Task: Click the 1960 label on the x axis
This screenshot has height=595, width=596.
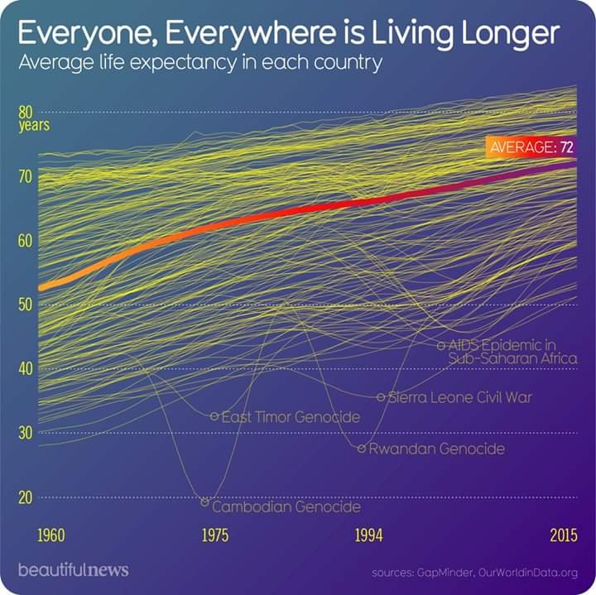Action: point(51,535)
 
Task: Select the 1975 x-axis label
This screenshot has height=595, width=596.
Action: point(215,535)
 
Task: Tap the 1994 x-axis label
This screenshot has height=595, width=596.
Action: point(368,535)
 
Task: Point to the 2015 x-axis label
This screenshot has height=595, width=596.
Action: point(563,535)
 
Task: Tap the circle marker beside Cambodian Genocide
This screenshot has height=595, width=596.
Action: point(205,501)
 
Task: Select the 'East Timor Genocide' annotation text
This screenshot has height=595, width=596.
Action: point(291,417)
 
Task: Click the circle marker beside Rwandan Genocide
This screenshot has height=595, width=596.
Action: point(362,449)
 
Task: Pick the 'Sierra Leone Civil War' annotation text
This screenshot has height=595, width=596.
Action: point(459,397)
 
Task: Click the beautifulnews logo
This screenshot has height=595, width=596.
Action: point(73,570)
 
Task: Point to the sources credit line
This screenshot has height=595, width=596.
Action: point(474,572)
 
